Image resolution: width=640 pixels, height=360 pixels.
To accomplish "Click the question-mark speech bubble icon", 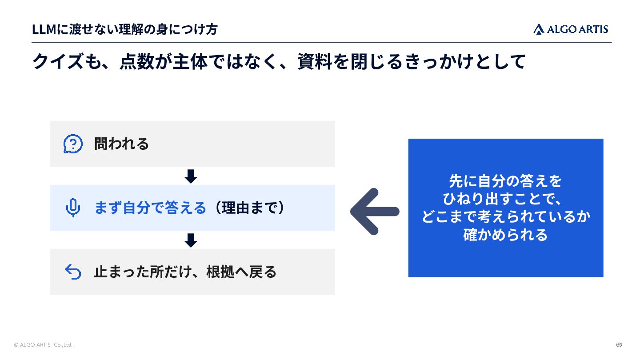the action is click(73, 144).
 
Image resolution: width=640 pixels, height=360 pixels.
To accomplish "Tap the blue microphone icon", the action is click(73, 208).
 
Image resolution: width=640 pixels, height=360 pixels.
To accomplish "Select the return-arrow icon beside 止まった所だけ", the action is click(73, 272).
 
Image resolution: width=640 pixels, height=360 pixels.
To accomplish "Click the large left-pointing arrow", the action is click(375, 212).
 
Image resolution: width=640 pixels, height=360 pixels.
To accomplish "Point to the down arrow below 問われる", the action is click(191, 176).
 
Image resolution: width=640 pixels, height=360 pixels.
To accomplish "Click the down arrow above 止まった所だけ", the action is click(191, 240).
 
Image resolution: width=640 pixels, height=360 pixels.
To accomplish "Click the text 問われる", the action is click(121, 144).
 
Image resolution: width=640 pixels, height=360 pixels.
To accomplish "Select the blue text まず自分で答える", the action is click(150, 208).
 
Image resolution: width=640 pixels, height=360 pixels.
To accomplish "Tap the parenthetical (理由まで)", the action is click(250, 208).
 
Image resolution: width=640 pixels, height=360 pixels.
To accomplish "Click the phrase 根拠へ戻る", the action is click(241, 272).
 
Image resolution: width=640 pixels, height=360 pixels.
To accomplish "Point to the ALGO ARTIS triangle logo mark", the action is click(539, 29).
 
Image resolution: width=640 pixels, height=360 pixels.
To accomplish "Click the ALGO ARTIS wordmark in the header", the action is click(577, 29).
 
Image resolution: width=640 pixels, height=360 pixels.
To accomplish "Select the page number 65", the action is click(619, 345).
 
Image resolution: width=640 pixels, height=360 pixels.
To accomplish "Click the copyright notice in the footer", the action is click(43, 345).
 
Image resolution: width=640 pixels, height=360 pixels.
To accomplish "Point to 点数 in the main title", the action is click(137, 61).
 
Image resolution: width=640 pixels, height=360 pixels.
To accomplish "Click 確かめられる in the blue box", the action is click(505, 235).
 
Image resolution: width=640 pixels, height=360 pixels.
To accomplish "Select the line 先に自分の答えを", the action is click(505, 181).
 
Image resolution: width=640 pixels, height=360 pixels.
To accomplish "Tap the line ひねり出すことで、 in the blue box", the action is click(502, 199).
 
